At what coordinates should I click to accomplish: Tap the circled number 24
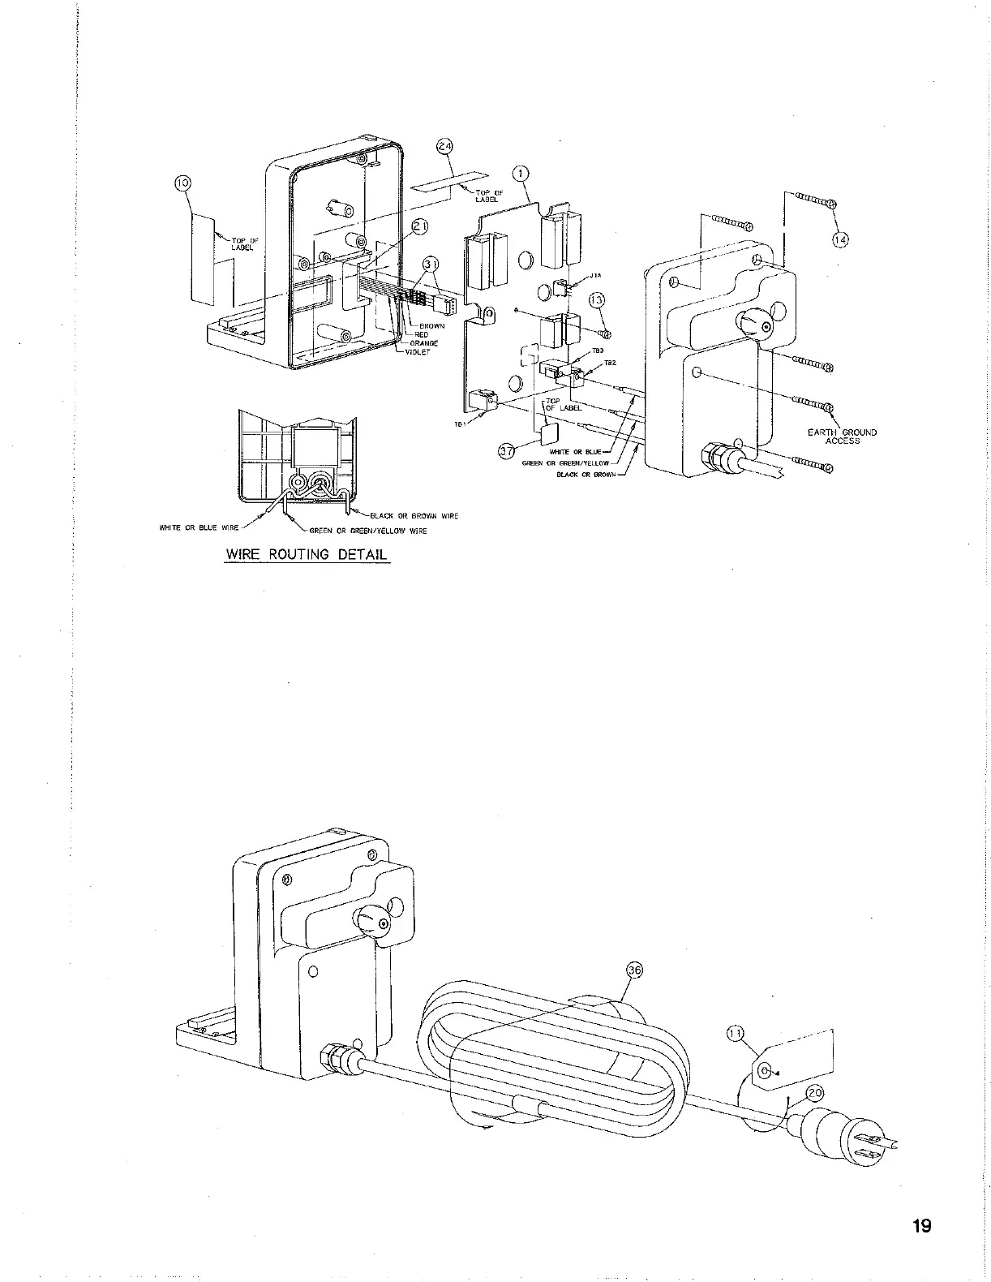point(444,146)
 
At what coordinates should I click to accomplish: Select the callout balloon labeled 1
point(521,174)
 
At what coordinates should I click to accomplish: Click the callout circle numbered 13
point(596,300)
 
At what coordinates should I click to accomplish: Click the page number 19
point(921,1225)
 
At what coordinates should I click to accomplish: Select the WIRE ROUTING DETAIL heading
point(307,555)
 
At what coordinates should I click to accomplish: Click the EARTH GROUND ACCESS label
point(842,437)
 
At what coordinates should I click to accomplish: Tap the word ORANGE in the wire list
point(423,343)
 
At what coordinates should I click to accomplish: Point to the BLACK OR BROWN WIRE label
point(414,516)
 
